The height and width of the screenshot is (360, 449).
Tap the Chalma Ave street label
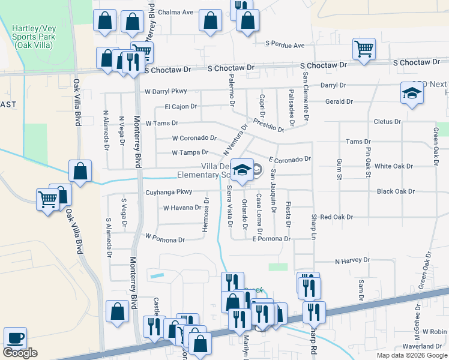pos(176,11)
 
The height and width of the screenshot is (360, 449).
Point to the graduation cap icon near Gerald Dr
pos(411,93)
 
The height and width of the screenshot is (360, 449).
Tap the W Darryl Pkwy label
pos(166,91)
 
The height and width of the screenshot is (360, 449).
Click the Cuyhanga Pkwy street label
pos(169,193)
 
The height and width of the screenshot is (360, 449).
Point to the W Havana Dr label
pos(182,208)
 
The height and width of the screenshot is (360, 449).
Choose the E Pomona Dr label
pos(271,239)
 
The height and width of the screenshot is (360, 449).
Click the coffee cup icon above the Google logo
pos(15,337)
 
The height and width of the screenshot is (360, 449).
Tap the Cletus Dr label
pos(387,122)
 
